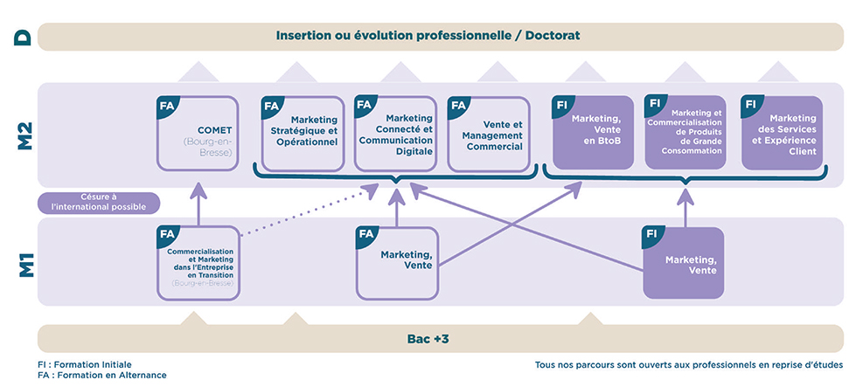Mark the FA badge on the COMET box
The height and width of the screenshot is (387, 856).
[166, 106]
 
